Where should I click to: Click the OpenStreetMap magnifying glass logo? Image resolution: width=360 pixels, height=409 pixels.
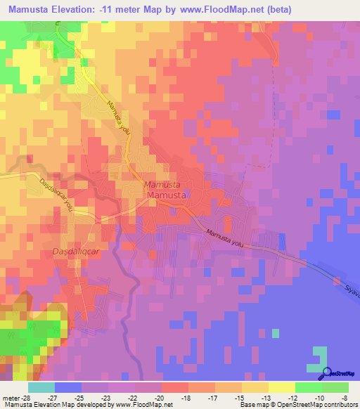(326, 375)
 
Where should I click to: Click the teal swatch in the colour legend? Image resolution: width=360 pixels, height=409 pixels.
(41, 387)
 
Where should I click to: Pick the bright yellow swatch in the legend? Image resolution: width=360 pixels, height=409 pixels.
(281, 387)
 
